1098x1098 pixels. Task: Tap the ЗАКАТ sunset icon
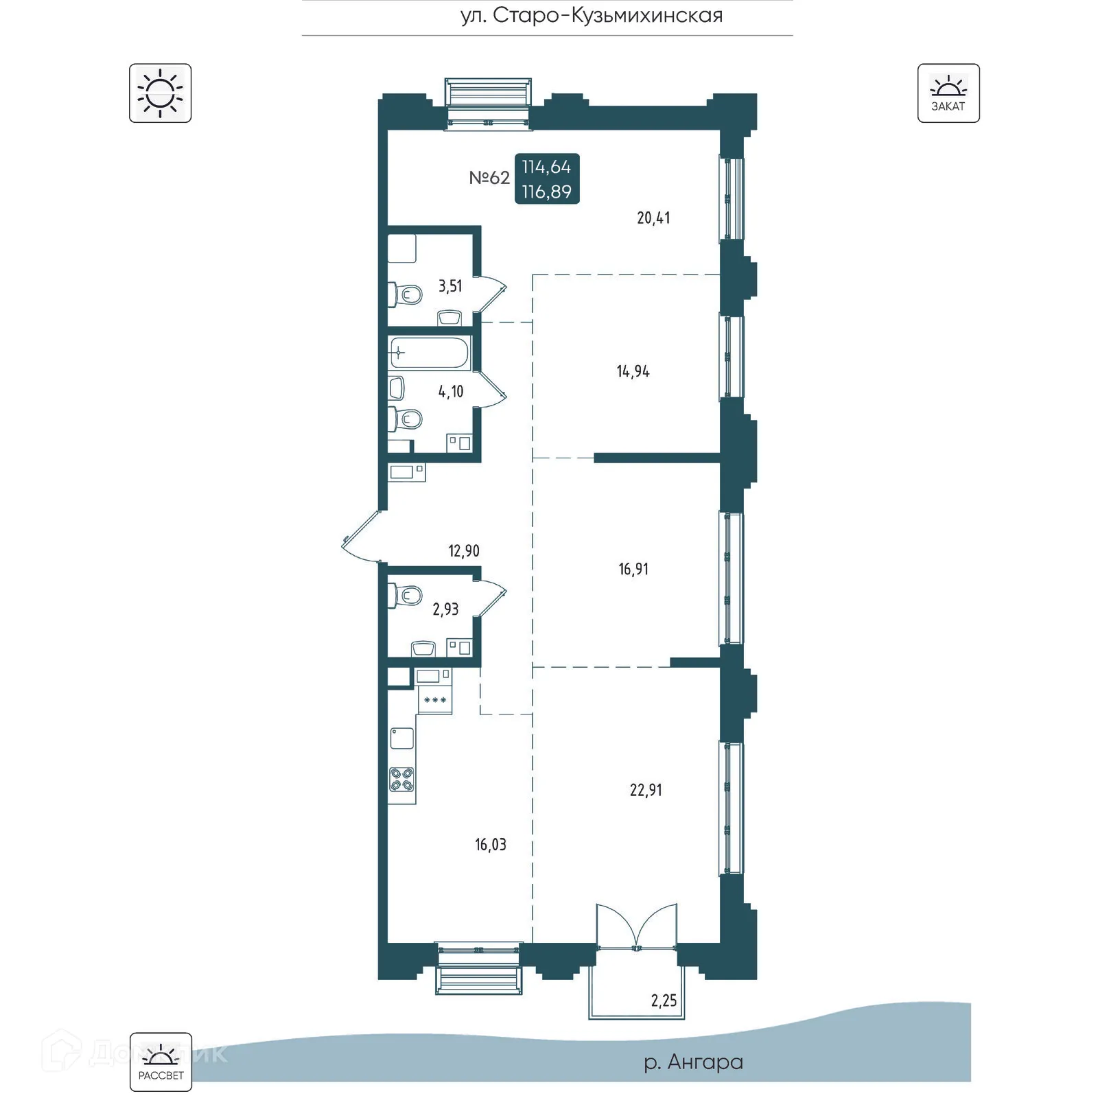click(x=948, y=93)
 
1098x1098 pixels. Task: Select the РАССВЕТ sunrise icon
click(x=161, y=1062)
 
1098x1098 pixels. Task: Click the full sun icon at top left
click(x=160, y=93)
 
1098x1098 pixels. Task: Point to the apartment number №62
click(x=489, y=178)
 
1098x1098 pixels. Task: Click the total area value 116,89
click(x=547, y=191)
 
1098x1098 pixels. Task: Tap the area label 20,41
click(x=653, y=218)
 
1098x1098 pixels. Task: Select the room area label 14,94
click(x=633, y=372)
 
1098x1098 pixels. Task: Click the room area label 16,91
click(x=633, y=569)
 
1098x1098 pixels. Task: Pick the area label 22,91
click(x=646, y=790)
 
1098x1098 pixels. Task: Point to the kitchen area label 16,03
click(x=491, y=844)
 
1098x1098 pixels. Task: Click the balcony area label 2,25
click(x=664, y=1001)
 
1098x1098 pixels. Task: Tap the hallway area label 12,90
click(x=464, y=551)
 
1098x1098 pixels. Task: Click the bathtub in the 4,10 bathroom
click(x=429, y=353)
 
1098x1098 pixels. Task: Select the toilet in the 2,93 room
click(x=406, y=595)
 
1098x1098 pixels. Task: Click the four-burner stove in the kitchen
click(x=402, y=779)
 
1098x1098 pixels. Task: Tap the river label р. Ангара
click(x=693, y=1062)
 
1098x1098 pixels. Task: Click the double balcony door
click(x=637, y=926)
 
